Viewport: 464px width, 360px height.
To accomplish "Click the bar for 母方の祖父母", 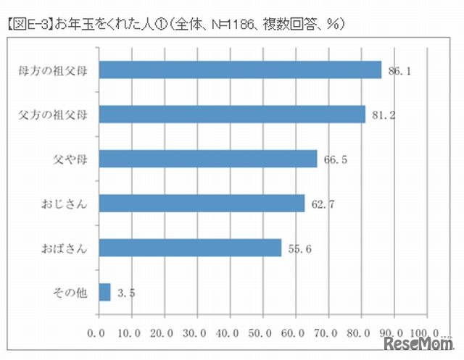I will pos(239,70).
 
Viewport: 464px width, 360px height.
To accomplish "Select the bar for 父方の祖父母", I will pos(231,114).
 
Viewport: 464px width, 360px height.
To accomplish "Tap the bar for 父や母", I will pos(207,159).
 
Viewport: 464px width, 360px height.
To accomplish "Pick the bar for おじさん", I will pos(201,204).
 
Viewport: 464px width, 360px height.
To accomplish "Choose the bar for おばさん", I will pos(189,248).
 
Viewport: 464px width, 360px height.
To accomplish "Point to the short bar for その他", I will pos(104,292).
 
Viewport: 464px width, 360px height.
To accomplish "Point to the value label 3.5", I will pos(126,293).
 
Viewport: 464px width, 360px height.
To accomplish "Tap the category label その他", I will pos(70,293).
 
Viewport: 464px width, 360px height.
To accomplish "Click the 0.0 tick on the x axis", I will pos(96,334).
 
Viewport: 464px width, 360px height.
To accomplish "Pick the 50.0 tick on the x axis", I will pos(262,334).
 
